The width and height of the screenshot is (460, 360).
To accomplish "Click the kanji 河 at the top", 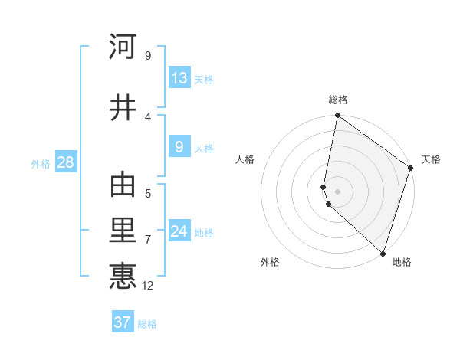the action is point(123,47).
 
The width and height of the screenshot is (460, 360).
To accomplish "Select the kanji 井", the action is point(123,108).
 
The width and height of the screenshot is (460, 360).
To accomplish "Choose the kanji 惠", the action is point(123,277).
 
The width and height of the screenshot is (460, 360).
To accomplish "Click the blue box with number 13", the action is point(179,78).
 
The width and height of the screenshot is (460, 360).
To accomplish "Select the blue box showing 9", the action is point(179,148).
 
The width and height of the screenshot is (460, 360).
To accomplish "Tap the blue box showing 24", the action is point(179,231).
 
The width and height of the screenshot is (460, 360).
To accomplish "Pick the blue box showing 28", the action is point(65,162).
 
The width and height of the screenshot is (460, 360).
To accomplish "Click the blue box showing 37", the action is point(123,322).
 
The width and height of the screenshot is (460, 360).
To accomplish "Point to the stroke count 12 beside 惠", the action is point(148,286).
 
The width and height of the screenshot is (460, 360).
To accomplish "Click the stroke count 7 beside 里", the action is point(147,240).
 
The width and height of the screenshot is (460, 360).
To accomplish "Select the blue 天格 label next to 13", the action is point(204,80).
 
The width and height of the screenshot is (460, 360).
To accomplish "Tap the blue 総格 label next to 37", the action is point(147,324).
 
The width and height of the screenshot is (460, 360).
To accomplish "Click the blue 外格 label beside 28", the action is point(41,164).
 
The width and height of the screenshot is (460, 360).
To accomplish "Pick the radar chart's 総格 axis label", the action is point(338,100).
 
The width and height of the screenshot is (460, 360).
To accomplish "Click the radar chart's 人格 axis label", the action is point(245,159).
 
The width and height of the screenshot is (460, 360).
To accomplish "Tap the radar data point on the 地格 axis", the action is point(383,254).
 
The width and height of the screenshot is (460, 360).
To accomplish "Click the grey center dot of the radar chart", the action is point(338,191).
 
